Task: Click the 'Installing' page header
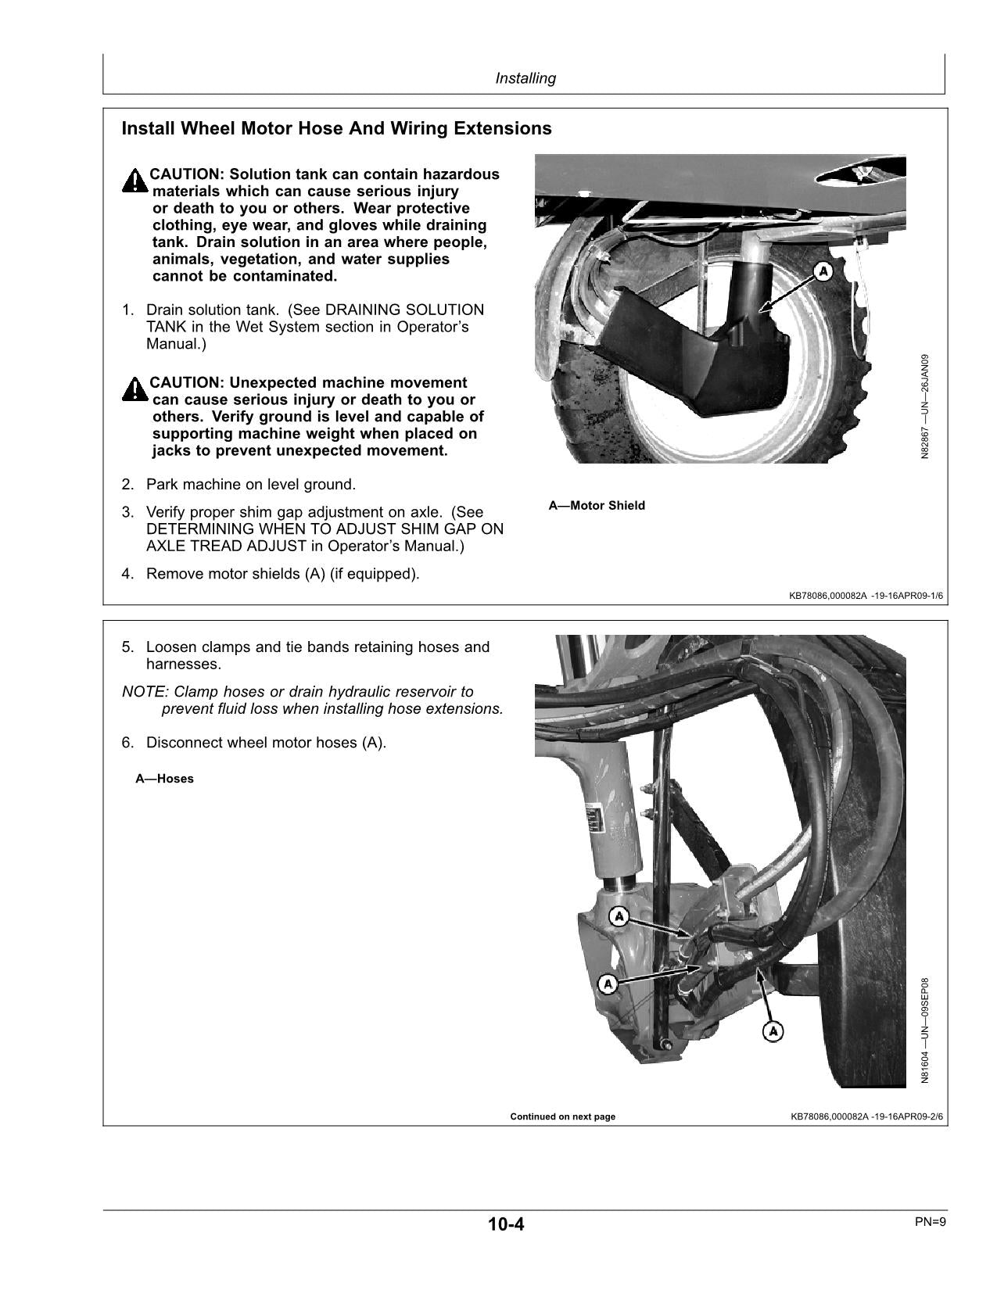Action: [x=525, y=78]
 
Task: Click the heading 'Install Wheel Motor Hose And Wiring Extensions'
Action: [x=336, y=128]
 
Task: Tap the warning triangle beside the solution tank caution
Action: [x=134, y=181]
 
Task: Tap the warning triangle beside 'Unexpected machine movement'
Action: [x=134, y=389]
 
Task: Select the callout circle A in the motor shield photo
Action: [x=823, y=271]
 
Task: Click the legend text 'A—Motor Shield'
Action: [x=597, y=506]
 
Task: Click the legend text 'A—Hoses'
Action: [x=164, y=779]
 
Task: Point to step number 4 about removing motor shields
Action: [x=127, y=575]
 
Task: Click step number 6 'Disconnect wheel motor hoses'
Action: [x=127, y=743]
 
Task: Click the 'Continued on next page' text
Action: [x=562, y=1116]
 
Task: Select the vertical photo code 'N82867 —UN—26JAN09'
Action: [x=925, y=407]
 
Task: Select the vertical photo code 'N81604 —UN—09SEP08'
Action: [x=925, y=1030]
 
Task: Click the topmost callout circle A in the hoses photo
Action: [x=619, y=916]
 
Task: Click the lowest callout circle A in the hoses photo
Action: [x=773, y=1032]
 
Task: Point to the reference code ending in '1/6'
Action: [x=866, y=597]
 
